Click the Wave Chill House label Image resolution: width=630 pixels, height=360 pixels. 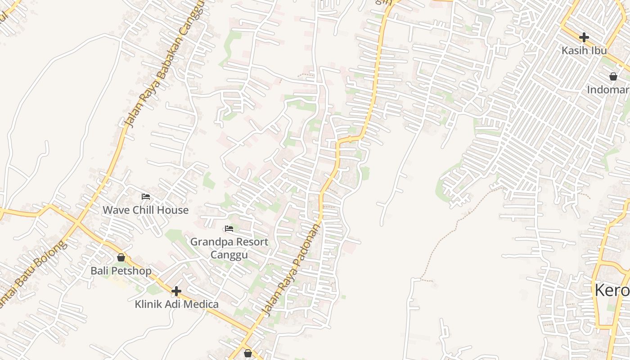pyautogui.click(x=145, y=210)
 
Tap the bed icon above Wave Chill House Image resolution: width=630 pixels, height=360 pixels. pyautogui.click(x=146, y=197)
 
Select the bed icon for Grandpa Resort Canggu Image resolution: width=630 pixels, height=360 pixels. pyautogui.click(x=229, y=229)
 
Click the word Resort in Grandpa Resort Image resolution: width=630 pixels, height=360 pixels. pyautogui.click(x=248, y=242)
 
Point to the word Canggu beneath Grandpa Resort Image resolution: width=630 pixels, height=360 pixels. pyautogui.click(x=229, y=255)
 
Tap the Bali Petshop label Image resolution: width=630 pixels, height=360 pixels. pyautogui.click(x=121, y=271)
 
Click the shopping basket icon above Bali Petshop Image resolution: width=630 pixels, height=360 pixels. pyautogui.click(x=121, y=257)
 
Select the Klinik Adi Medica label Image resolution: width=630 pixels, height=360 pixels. pyautogui.click(x=176, y=304)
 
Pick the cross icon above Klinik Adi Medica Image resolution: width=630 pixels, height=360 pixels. pyautogui.click(x=176, y=291)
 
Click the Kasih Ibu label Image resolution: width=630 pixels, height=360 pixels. pyautogui.click(x=584, y=50)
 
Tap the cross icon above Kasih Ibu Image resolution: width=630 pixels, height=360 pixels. pyautogui.click(x=584, y=37)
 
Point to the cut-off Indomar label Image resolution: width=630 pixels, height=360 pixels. pyautogui.click(x=607, y=90)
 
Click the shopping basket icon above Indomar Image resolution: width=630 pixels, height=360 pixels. pyautogui.click(x=613, y=76)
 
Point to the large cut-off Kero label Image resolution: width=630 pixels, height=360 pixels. pyautogui.click(x=612, y=290)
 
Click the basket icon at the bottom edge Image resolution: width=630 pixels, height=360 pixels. pyautogui.click(x=247, y=353)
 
